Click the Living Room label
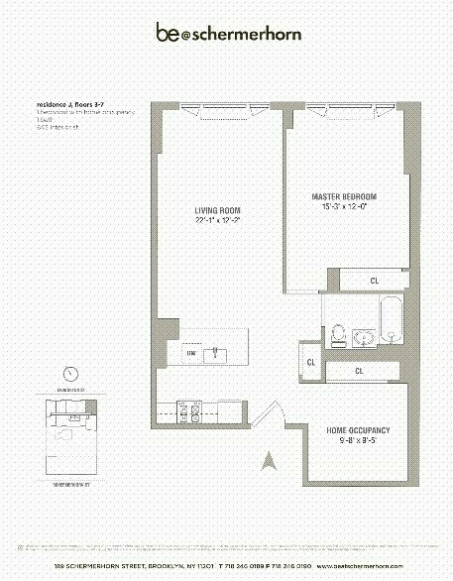click(217, 210)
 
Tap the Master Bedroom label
click(344, 197)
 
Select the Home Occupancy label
click(359, 429)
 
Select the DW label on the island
click(190, 353)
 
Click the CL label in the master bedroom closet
click(374, 281)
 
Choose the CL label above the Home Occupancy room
click(360, 371)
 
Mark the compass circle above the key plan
click(70, 374)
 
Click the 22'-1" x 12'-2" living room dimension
click(217, 220)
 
